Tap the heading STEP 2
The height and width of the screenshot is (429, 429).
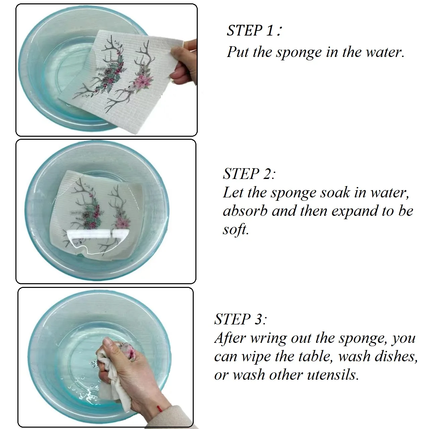point(249,173)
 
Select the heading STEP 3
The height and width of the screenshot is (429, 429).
point(240,319)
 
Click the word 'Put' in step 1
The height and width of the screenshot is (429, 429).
point(238,52)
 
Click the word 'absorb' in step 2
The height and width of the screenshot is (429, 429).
point(245,211)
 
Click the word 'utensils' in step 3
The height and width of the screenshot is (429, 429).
point(333,375)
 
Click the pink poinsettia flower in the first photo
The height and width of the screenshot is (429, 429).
point(143,81)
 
